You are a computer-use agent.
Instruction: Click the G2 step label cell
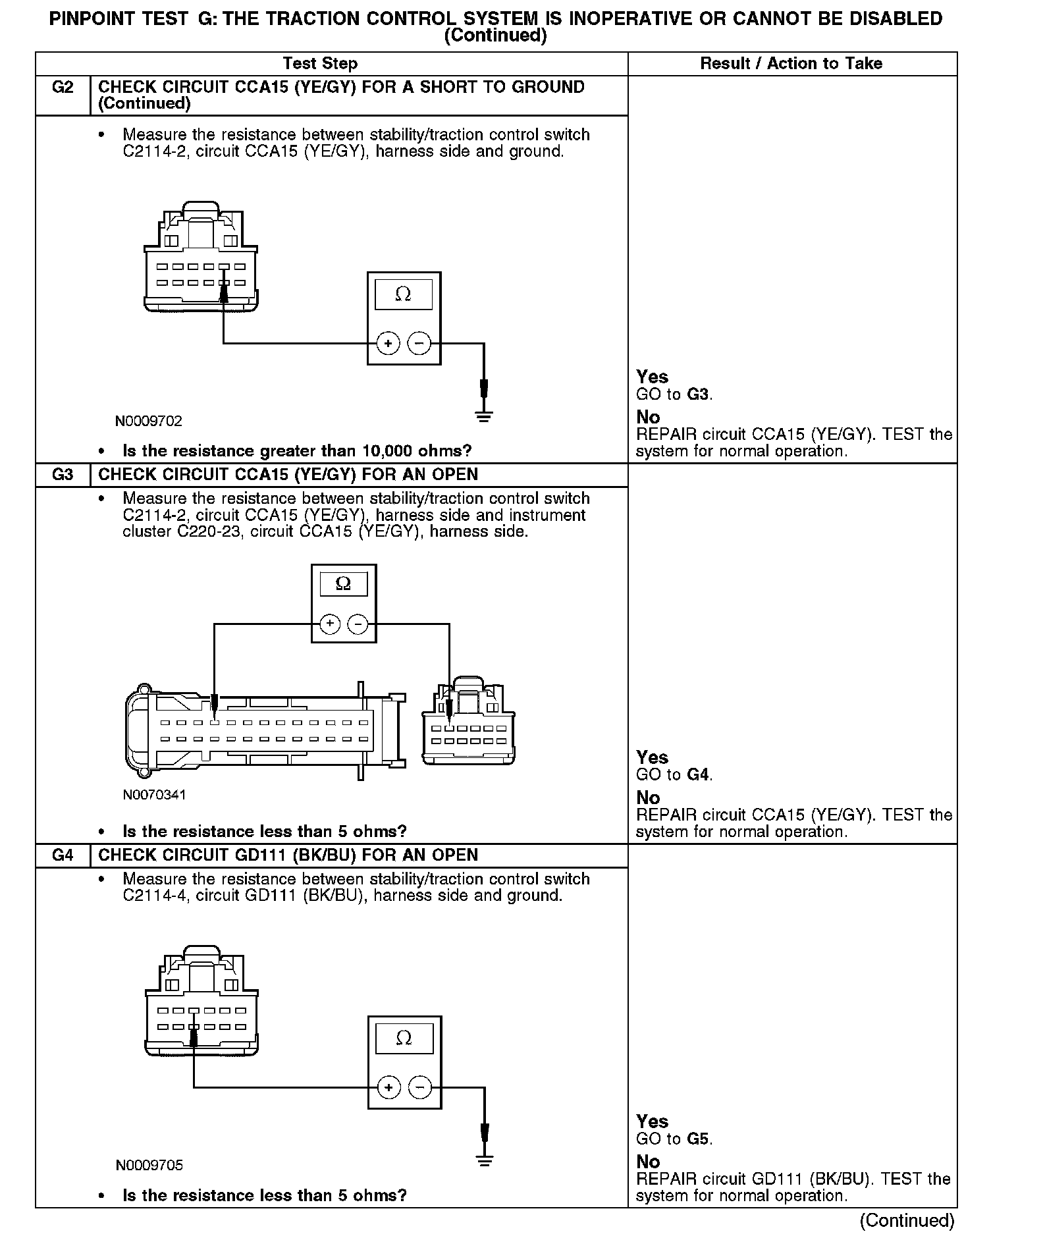point(63,88)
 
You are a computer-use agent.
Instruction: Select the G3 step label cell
point(63,475)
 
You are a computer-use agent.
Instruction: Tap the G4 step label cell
point(63,855)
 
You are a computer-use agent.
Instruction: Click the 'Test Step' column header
point(320,64)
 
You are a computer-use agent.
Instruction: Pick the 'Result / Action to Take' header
point(791,64)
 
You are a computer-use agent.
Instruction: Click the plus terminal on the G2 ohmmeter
point(388,343)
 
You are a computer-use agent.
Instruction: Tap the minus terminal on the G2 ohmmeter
point(419,343)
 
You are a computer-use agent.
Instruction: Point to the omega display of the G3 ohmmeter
point(343,584)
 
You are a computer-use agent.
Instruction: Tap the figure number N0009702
point(149,421)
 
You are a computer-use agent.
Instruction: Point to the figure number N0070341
point(154,795)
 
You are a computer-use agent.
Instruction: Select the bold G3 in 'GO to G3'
point(698,394)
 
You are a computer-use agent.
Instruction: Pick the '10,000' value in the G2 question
point(388,451)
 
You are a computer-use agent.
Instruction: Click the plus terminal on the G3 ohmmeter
point(330,624)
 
